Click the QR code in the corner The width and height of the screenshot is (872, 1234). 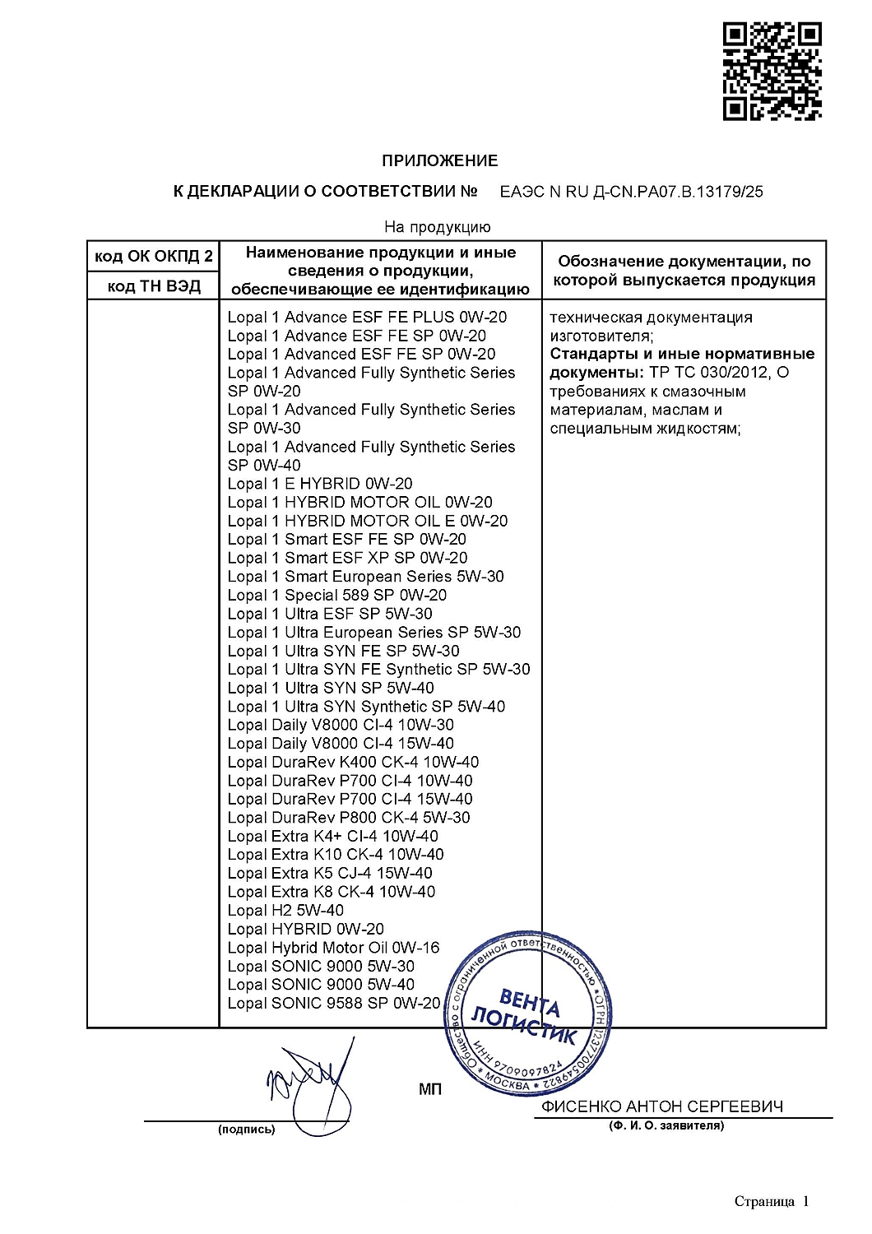772,72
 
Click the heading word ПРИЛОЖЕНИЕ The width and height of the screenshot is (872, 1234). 439,160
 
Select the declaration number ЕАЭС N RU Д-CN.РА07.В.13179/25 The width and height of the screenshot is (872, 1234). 631,192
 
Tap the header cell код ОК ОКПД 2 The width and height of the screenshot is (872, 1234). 153,257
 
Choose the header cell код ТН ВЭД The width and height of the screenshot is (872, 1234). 153,285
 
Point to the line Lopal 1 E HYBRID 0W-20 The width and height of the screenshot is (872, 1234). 320,484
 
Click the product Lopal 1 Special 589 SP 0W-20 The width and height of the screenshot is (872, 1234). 337,595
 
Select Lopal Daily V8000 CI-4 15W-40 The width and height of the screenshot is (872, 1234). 341,744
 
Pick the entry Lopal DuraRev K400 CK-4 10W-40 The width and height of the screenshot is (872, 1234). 353,762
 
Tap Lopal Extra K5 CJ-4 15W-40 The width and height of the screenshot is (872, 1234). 330,873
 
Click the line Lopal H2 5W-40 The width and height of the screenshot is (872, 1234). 285,910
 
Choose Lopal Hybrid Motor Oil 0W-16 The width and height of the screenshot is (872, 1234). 333,948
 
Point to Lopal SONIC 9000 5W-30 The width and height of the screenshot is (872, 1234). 321,966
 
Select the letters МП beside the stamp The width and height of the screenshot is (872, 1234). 430,1089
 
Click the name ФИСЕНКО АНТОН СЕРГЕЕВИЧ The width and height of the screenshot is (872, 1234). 662,1106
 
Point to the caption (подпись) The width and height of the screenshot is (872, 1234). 246,1130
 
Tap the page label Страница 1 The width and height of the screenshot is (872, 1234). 772,1202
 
